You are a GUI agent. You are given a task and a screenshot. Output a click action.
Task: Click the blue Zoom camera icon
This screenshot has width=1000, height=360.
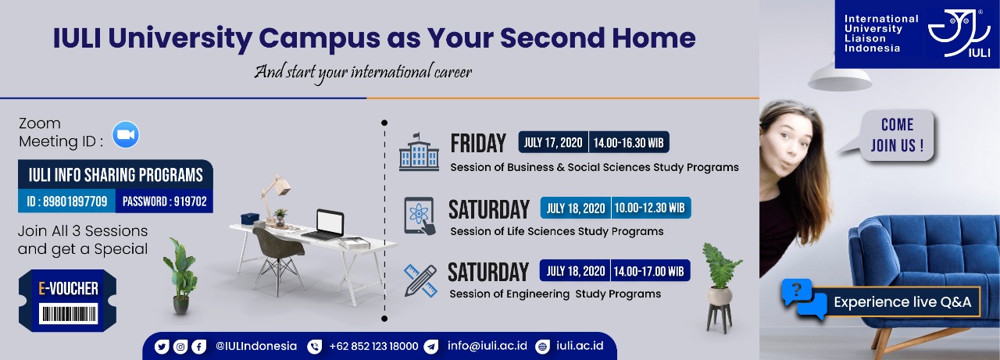click(126, 134)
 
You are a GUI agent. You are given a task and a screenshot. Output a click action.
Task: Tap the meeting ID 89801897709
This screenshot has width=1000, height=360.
click(67, 201)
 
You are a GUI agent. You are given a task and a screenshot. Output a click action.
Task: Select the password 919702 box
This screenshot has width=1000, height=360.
click(164, 201)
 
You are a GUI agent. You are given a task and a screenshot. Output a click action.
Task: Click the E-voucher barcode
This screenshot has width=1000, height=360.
click(68, 314)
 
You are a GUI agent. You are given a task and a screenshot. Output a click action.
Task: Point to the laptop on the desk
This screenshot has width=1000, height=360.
click(326, 224)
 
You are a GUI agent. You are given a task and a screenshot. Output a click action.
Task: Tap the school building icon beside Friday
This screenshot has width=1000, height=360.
click(419, 151)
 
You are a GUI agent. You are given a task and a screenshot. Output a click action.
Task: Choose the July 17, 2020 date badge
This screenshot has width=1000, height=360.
click(553, 142)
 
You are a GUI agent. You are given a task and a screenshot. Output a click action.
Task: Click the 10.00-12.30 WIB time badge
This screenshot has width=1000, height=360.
click(651, 208)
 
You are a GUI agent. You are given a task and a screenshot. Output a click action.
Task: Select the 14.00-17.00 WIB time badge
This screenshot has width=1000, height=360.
click(650, 271)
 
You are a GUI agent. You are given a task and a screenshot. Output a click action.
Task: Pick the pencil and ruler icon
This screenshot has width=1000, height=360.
click(420, 280)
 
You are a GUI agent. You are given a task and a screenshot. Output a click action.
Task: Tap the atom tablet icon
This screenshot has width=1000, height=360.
click(420, 216)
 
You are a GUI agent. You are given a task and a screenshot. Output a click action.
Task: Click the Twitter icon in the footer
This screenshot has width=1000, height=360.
click(162, 347)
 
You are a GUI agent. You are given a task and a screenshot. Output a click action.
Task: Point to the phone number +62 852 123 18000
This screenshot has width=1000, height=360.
click(373, 346)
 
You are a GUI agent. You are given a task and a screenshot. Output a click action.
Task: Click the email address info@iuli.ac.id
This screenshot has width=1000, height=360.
click(487, 346)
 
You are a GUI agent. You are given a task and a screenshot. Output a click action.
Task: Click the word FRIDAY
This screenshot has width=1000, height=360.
click(478, 143)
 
